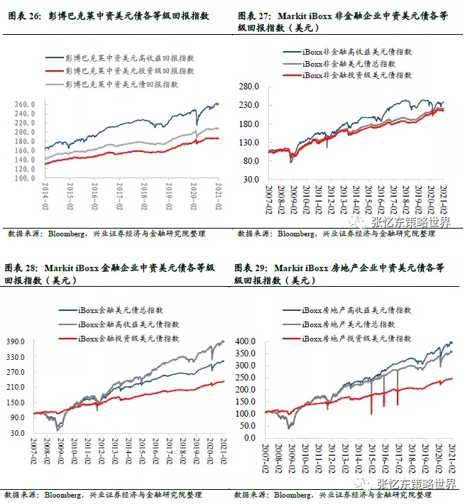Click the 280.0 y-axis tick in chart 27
point(256,87)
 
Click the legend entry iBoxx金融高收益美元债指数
point(128,324)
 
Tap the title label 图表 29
point(251,268)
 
